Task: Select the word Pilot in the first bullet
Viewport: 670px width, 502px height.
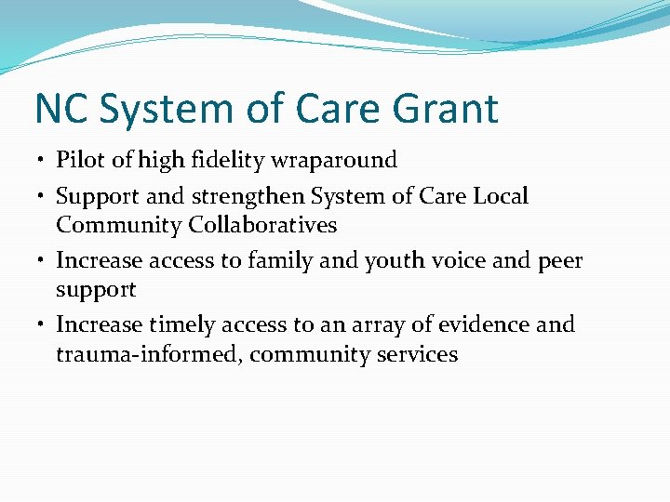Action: click(x=81, y=161)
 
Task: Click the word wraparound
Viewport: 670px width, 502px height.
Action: click(x=334, y=161)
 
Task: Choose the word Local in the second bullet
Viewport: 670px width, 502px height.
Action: click(x=501, y=197)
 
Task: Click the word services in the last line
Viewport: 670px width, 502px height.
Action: click(x=416, y=354)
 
